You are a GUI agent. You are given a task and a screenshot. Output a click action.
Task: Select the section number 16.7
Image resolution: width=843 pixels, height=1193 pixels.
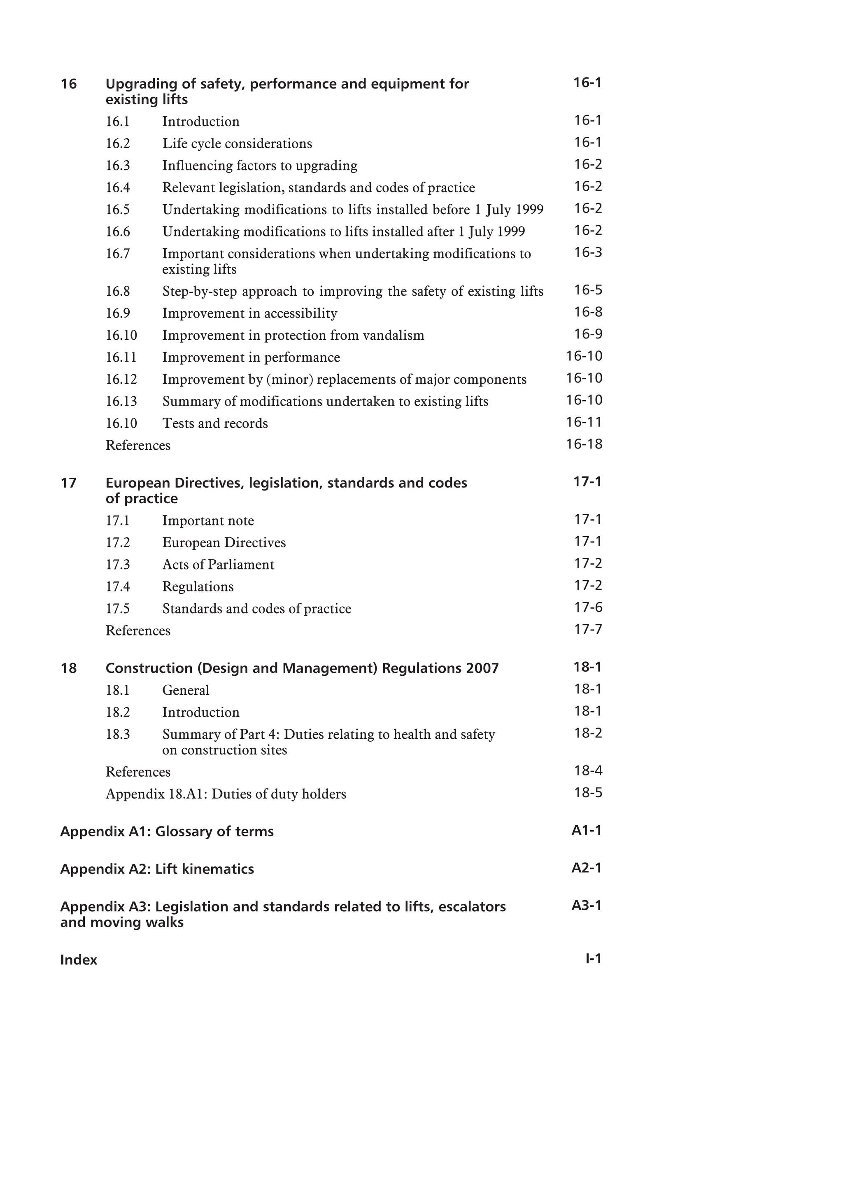118,254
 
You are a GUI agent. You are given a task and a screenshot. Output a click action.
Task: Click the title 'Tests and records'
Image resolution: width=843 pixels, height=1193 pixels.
215,423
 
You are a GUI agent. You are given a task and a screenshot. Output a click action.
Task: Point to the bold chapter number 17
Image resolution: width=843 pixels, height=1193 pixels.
69,483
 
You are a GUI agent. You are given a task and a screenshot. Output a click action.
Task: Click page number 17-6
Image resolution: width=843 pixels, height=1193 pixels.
587,607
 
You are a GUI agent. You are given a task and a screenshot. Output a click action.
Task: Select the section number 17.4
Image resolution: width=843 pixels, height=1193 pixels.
118,587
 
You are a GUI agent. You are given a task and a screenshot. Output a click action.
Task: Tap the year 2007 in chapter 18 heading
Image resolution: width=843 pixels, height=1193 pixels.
482,668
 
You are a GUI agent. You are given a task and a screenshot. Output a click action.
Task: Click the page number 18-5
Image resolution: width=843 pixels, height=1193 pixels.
587,792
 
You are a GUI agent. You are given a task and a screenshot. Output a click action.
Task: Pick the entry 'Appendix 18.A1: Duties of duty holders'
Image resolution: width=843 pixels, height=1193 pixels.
226,794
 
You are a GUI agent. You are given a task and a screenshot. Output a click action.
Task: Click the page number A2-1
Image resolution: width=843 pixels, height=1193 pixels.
587,868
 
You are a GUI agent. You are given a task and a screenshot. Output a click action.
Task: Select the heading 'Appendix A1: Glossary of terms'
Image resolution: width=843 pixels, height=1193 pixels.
167,831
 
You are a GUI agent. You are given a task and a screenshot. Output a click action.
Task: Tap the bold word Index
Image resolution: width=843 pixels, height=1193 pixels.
79,960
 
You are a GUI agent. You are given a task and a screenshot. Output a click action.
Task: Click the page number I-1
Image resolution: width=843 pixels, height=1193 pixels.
593,959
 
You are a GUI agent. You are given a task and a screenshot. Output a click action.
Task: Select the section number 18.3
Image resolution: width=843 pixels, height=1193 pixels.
118,734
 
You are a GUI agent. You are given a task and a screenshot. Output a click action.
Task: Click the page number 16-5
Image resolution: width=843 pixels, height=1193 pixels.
587,290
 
